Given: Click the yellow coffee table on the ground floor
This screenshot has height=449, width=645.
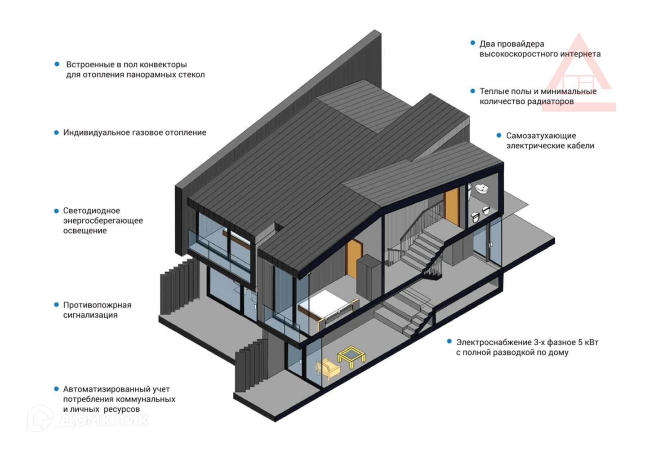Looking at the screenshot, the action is pos(352,357).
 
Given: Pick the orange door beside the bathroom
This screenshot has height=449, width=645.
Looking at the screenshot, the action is pos(452,206).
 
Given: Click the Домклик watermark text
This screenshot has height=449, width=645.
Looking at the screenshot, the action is pos(104,419).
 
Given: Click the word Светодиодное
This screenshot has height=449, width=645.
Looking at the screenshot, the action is pos(91,211).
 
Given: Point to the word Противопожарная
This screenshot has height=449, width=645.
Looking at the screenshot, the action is pos(97,305).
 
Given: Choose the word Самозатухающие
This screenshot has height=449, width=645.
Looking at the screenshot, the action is pos(541,136).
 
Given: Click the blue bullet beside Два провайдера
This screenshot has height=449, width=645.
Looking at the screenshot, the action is pos(473,43).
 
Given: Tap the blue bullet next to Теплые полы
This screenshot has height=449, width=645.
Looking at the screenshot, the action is pos(473,91).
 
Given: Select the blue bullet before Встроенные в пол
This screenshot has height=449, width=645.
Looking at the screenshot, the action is pos(57,64).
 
